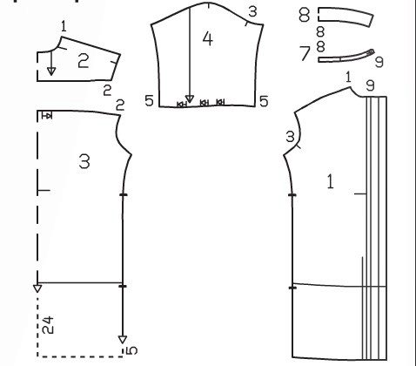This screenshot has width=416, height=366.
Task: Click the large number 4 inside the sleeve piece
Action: click(208, 39)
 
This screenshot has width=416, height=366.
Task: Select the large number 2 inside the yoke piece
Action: click(84, 61)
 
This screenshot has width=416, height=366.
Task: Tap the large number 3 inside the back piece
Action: click(84, 161)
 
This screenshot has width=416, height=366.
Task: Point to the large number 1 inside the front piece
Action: click(330, 181)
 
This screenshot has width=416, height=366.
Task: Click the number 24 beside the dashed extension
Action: click(48, 325)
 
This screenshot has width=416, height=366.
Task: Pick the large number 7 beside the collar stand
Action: click(305, 53)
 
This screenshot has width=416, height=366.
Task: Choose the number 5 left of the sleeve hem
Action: click(149, 101)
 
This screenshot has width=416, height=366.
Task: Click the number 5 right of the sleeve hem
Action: click(264, 101)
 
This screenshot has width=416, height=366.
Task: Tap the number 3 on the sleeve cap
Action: click(252, 11)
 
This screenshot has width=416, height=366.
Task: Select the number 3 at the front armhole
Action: click(290, 137)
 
